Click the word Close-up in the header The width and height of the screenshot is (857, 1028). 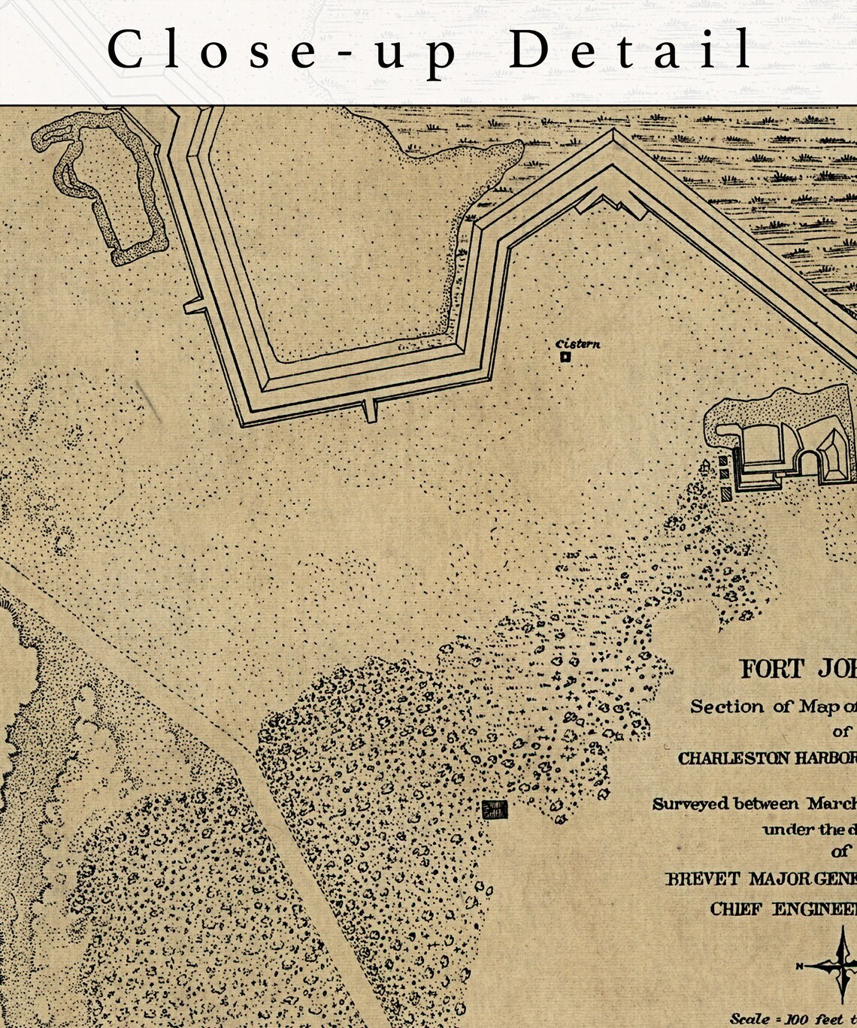click(x=282, y=51)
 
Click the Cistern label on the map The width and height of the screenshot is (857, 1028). click(x=578, y=344)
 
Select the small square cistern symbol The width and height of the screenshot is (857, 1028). click(x=565, y=358)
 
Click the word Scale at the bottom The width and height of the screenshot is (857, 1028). click(x=749, y=1019)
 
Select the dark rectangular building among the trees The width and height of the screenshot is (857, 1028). click(x=495, y=809)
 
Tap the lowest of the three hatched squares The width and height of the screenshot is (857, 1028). click(x=725, y=494)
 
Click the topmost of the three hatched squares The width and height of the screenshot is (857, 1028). click(x=723, y=461)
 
